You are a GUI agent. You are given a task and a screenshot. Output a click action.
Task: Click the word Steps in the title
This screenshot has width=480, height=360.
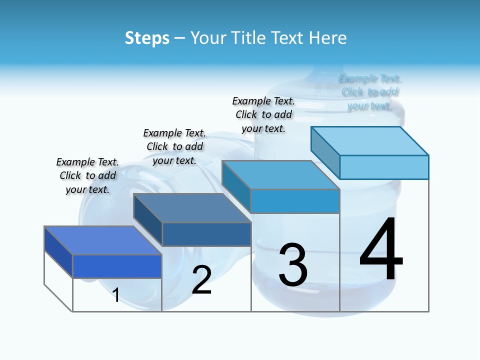pos(147,38)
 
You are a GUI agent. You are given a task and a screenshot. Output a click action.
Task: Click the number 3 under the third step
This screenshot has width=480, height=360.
pos(293,265)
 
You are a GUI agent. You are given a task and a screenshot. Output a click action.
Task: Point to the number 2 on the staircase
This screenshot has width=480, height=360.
pos(201,280)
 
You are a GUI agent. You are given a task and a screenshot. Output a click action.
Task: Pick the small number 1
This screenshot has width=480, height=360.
pos(116,295)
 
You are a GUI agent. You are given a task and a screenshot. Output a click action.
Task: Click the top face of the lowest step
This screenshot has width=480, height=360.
pos(102,240)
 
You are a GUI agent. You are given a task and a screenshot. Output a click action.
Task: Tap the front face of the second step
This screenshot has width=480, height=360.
pos(206,234)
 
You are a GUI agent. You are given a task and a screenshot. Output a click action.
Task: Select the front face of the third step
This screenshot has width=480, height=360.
pos(295,201)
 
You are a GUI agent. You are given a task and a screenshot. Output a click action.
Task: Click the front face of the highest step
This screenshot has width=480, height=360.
pos(384,167)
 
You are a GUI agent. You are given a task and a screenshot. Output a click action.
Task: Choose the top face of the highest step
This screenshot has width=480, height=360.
pos(370,140)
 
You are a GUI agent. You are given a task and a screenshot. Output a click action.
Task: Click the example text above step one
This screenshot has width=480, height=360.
pos(87,175)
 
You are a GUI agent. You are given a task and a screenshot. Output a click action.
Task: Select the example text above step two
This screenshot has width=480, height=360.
pos(174,146)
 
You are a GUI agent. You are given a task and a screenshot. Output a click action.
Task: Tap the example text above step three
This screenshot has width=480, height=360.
pos(263,114)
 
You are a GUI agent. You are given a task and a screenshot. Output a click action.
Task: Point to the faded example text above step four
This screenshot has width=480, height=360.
pos(369,92)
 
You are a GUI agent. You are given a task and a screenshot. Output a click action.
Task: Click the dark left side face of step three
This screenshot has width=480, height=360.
pos(236,186)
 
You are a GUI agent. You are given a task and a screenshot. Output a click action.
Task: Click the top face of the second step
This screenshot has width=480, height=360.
pos(192,207)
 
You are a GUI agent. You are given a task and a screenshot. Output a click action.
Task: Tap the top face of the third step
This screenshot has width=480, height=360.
pos(280,175)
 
